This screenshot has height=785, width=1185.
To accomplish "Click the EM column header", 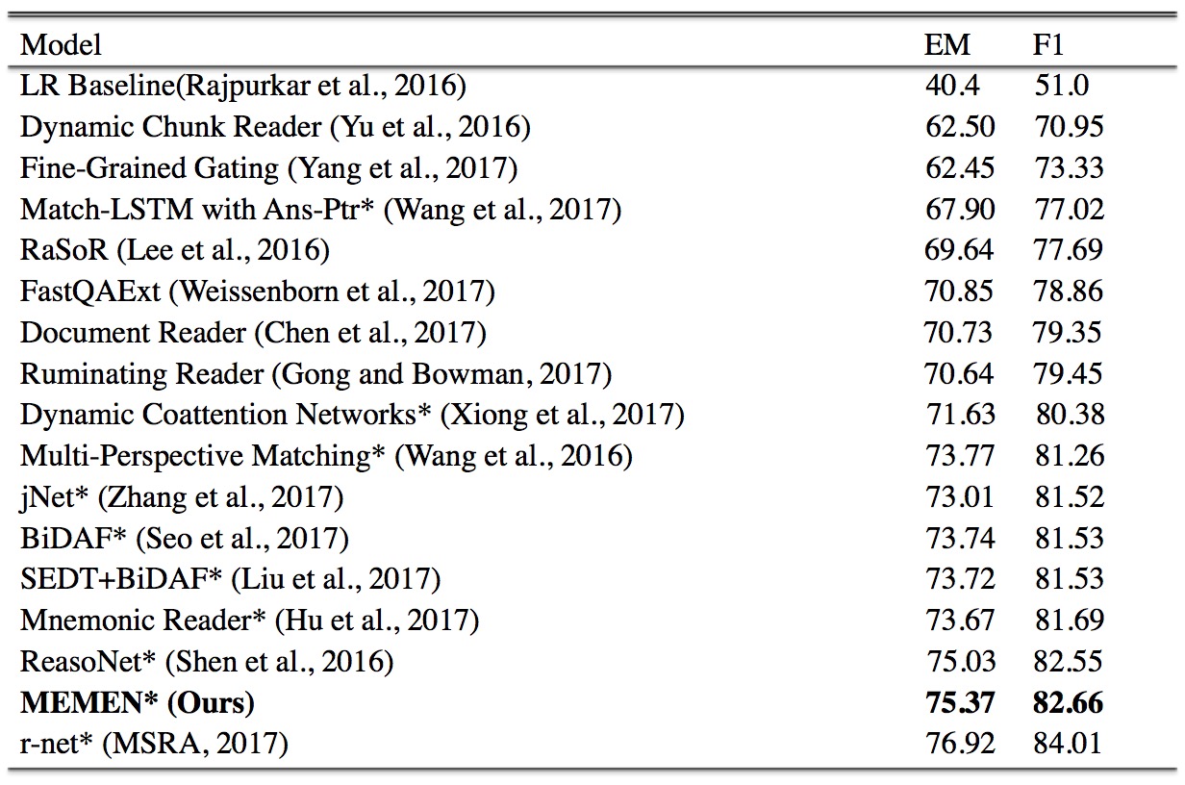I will pos(947,44).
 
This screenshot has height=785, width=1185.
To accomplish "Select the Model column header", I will pos(62,44).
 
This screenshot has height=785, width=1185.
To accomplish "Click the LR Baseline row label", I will pos(243,86).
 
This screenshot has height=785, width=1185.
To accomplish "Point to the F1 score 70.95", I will pos(1069,127).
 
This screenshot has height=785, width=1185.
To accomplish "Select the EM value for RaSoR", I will pos(960,250).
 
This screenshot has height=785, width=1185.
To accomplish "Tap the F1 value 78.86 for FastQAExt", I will pos(1069,291).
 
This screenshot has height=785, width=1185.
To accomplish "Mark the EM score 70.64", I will pos(960,373).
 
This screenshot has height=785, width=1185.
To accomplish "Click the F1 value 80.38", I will pos(1071,415).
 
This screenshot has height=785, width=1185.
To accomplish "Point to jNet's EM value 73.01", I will pos(960,497).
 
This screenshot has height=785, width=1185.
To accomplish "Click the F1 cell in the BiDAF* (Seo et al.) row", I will pos(1069,539).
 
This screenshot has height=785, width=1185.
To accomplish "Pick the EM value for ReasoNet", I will pos(960,662).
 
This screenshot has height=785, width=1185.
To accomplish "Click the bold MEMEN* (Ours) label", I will pos(138,703).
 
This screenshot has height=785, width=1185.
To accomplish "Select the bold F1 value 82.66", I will pos(1069,703).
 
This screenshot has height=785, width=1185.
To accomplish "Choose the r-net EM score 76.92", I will pos(960,744).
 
